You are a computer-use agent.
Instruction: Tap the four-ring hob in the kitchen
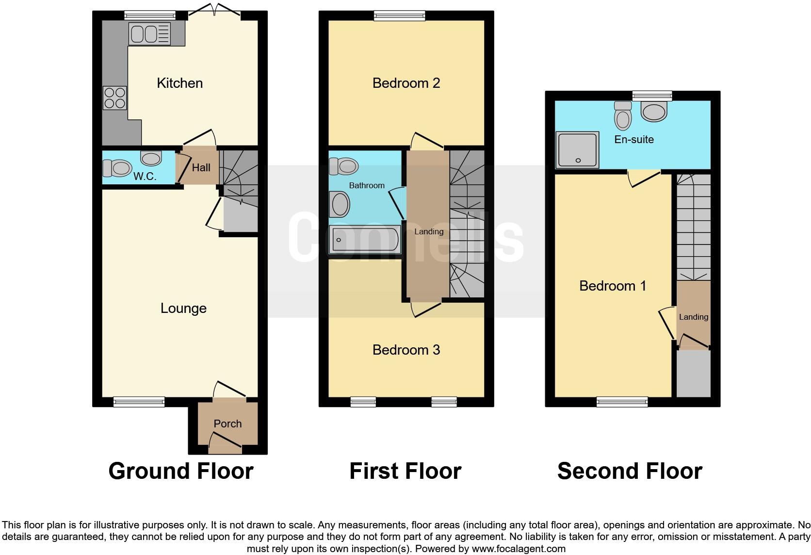[x=115, y=98]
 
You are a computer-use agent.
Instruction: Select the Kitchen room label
[x=179, y=83]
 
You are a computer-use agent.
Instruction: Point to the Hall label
[x=201, y=167]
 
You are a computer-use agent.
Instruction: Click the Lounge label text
[x=183, y=308]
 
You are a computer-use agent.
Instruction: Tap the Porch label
[x=227, y=424]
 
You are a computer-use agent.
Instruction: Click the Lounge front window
[x=139, y=402]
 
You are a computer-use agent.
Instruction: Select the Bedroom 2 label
[x=406, y=83]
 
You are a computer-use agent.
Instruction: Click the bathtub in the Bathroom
[x=365, y=239]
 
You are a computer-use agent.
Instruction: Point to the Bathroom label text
[x=367, y=185]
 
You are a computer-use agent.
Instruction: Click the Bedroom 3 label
[x=406, y=350]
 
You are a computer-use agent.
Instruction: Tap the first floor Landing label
[x=429, y=231]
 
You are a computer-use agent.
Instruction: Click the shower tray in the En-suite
[x=577, y=149]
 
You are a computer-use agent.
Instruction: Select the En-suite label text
[x=634, y=139]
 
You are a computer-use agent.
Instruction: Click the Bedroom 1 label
[x=613, y=286]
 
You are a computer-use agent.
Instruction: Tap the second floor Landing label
[x=693, y=317]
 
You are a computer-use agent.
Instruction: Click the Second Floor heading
[x=630, y=471]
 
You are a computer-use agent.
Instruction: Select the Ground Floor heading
[x=181, y=471]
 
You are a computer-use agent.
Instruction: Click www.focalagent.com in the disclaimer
[x=519, y=549]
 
